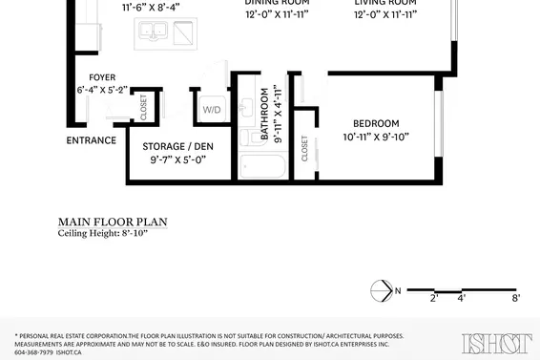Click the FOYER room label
tap(102, 77)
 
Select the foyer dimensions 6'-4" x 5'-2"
tap(102, 90)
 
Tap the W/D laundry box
tap(212, 111)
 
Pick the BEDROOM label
tap(376, 123)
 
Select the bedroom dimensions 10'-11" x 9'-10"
tap(376, 137)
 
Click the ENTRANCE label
tap(92, 140)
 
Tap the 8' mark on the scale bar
tap(515, 299)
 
